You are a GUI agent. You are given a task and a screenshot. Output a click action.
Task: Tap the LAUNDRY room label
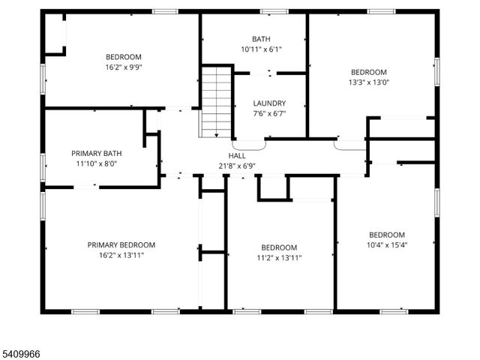[269, 103]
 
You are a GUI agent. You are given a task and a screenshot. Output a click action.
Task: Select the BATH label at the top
[261, 39]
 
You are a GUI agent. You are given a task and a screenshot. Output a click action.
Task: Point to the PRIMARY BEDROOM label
[121, 244]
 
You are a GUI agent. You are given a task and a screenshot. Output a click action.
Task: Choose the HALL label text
[237, 155]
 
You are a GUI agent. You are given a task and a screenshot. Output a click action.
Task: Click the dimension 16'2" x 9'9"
[124, 67]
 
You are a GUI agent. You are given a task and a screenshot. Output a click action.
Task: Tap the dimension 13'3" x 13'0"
[369, 82]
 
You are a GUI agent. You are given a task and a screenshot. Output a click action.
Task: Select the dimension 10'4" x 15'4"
[387, 244]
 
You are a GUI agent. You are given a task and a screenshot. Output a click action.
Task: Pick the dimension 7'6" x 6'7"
[269, 114]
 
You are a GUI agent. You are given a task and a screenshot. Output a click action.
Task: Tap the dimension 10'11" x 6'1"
[261, 49]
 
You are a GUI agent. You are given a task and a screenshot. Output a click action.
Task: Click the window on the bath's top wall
[274, 12]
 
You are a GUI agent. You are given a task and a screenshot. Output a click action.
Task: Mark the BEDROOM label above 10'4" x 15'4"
[387, 234]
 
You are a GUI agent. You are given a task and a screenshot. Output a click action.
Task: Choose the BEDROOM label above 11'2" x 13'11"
[279, 247]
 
